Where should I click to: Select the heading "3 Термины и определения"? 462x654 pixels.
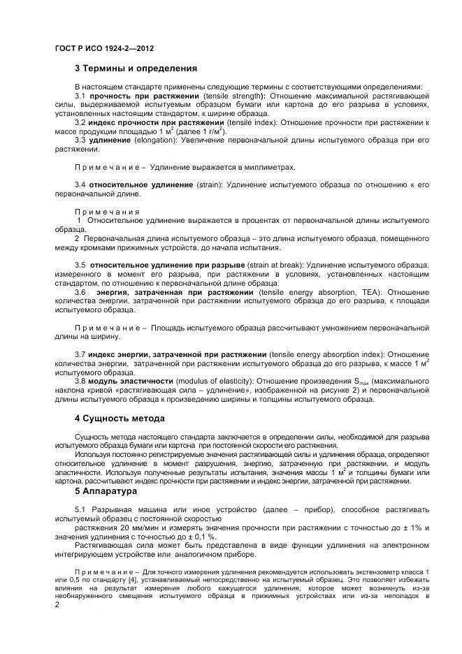click(136, 68)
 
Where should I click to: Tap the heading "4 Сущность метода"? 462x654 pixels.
click(120, 419)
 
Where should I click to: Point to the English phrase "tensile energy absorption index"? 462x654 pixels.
click(327, 354)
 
